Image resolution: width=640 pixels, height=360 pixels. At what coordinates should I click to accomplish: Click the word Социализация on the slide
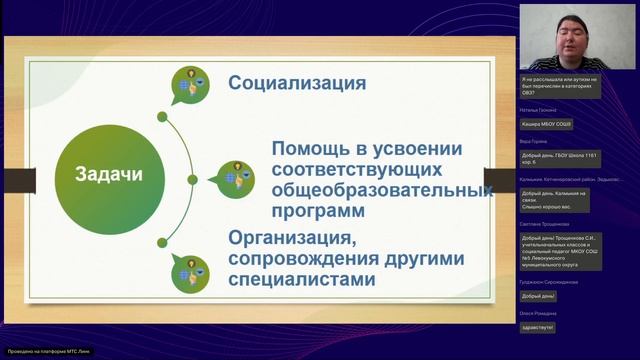click(297, 82)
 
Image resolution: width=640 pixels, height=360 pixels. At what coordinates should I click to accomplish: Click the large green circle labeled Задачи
click(109, 174)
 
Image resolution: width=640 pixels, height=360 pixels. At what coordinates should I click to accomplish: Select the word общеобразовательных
click(378, 190)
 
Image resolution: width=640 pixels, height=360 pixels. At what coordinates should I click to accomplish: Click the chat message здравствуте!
click(538, 327)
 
